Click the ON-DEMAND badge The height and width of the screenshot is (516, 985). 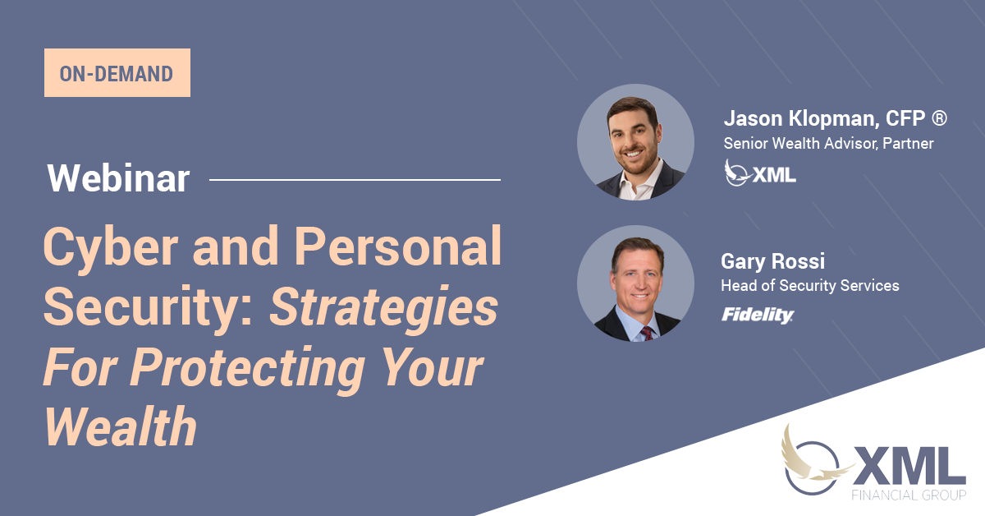(x=117, y=72)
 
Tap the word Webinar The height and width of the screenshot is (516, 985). (x=118, y=178)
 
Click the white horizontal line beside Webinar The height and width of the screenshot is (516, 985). (x=355, y=180)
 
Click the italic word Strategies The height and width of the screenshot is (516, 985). (x=383, y=308)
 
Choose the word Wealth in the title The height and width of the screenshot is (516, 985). (x=121, y=426)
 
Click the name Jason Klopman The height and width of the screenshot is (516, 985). (x=801, y=119)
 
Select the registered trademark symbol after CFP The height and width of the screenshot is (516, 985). (x=939, y=118)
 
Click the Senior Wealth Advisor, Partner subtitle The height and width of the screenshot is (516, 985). (x=828, y=144)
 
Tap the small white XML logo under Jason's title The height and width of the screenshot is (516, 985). (x=760, y=173)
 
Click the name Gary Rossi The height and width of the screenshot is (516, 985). (x=772, y=261)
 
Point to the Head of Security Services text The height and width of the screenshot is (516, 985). (x=810, y=286)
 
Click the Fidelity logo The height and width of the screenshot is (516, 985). (x=757, y=315)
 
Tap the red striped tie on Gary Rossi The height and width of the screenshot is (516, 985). (x=647, y=334)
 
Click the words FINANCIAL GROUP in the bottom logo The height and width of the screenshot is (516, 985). (x=909, y=495)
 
